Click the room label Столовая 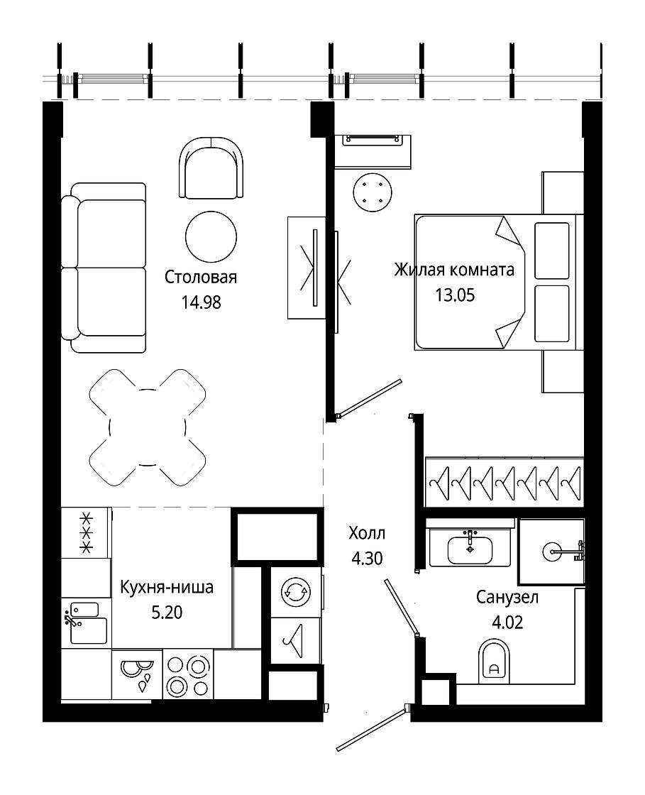[201, 277]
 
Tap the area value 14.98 [201, 302]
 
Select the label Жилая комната [454, 270]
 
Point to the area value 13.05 [455, 295]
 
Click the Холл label [367, 533]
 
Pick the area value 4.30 [367, 558]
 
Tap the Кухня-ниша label [167, 587]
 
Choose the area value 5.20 [167, 613]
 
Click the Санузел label [507, 597]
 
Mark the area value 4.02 [507, 622]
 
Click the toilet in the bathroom [493, 659]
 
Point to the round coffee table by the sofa [211, 237]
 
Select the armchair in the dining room [211, 168]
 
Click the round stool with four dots [373, 192]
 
